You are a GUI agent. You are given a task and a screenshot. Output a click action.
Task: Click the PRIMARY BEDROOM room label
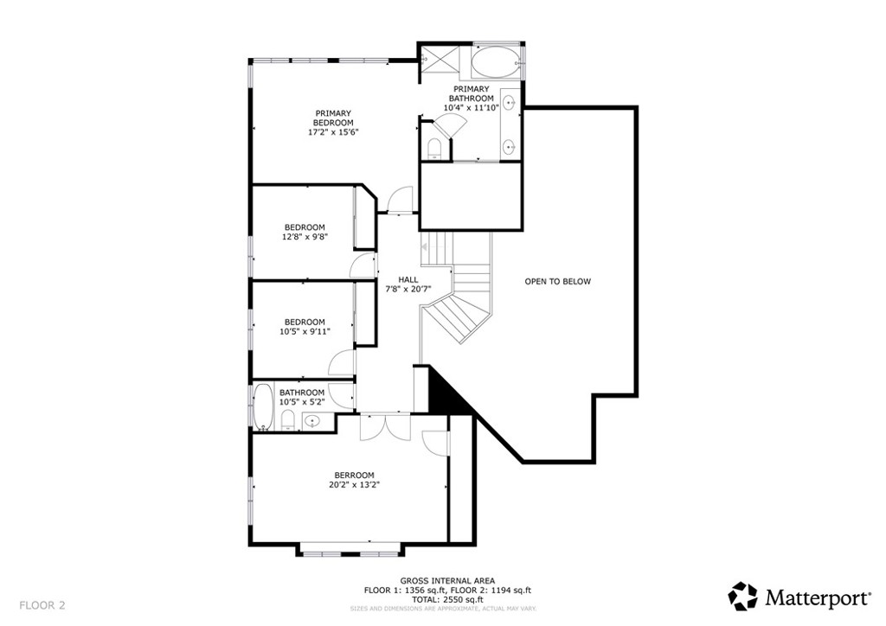(333, 118)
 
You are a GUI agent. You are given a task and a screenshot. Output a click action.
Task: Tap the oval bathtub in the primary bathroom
(497, 63)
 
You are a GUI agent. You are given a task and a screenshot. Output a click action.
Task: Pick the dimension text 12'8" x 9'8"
(305, 237)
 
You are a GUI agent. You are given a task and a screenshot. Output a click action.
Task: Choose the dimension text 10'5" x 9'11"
(305, 331)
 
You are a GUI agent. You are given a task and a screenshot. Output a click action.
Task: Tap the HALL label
(408, 279)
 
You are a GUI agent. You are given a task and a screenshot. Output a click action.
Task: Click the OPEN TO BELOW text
(558, 281)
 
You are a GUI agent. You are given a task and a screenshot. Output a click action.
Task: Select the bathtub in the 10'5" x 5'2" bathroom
(262, 409)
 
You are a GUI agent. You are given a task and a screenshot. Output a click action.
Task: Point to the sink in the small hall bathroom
(313, 421)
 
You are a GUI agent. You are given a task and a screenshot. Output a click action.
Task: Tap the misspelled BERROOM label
(355, 475)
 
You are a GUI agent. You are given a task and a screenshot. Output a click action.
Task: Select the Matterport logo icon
(742, 596)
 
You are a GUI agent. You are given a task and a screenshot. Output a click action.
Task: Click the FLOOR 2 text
(42, 604)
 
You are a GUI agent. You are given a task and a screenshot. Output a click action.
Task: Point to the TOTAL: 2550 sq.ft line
(447, 599)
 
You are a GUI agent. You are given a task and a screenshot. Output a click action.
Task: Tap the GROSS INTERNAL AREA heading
(447, 581)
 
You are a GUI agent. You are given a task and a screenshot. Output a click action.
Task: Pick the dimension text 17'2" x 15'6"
(333, 132)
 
